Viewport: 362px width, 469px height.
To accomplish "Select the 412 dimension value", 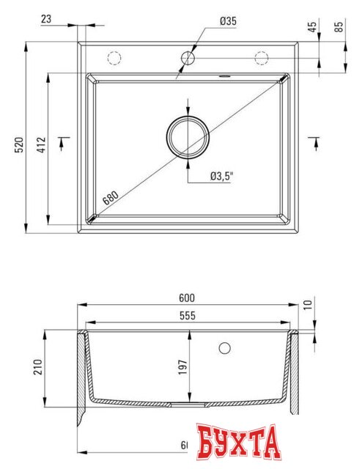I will click(43, 145).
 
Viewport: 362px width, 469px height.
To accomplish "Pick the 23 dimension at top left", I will click(46, 20).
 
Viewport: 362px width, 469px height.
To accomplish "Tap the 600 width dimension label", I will click(187, 298).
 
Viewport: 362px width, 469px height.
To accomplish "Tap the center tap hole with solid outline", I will click(188, 57).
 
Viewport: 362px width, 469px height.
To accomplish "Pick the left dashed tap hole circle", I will click(114, 57).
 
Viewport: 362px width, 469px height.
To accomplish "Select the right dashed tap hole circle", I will click(261, 57).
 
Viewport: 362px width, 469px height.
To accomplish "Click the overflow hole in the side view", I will click(225, 347).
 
